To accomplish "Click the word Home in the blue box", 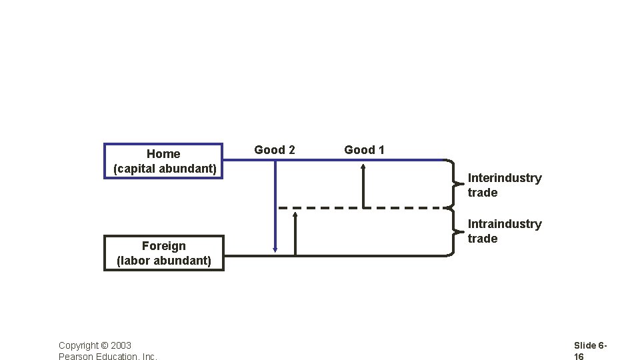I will tap(163, 154).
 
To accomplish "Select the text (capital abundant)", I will tap(165, 169).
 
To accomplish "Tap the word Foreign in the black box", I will tap(163, 246).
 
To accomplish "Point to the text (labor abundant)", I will tap(163, 261).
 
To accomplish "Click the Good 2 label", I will tap(275, 150).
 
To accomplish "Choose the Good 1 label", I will tap(364, 150).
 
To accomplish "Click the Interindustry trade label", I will tap(504, 185).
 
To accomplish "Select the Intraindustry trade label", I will tap(504, 231).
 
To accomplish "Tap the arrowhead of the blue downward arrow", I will tap(275, 249).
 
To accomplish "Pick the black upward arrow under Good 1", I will tap(363, 187).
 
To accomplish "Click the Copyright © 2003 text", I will tap(95, 345).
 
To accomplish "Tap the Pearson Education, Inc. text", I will tap(108, 357).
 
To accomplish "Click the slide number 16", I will tap(579, 357).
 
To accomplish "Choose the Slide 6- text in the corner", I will tap(590, 345).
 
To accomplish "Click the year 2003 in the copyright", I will tap(121, 345).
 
